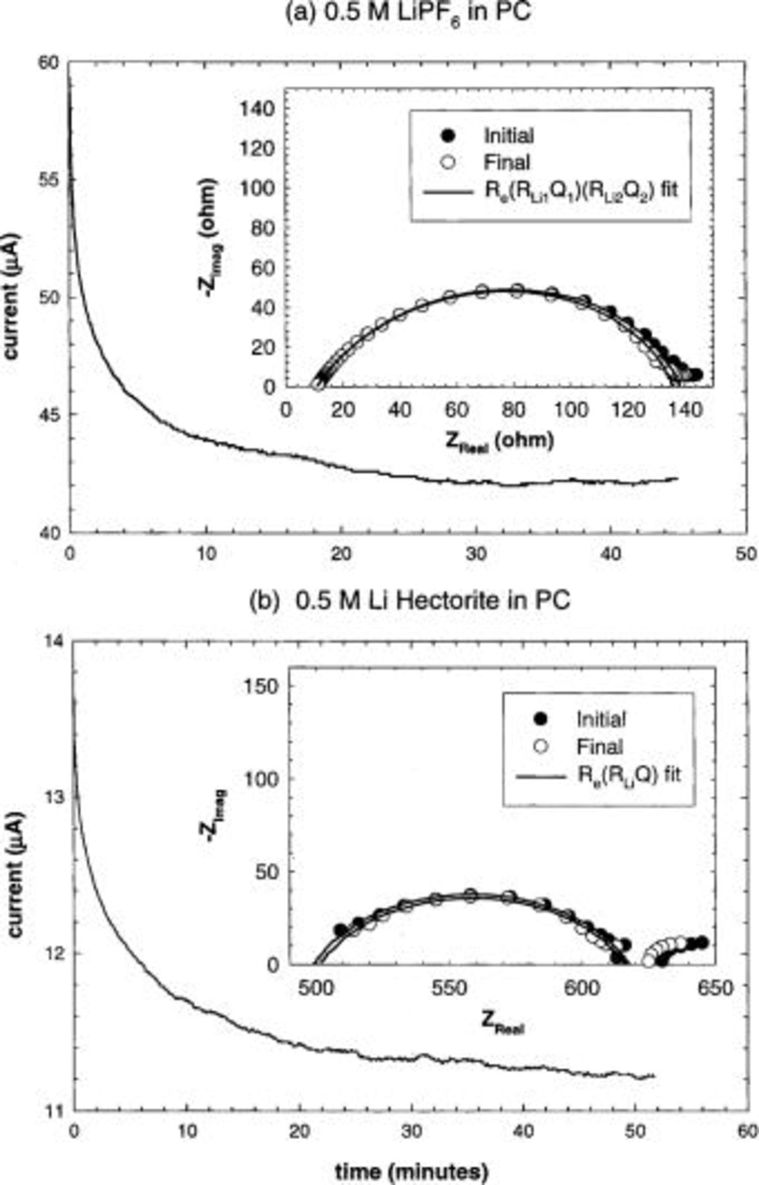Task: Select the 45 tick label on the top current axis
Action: (49, 414)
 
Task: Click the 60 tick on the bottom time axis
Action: (746, 1132)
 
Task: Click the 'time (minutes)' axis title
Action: (411, 1171)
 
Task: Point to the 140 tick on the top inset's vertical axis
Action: (259, 109)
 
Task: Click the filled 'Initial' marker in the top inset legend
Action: (447, 136)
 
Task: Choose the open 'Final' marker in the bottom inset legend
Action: (540, 747)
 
